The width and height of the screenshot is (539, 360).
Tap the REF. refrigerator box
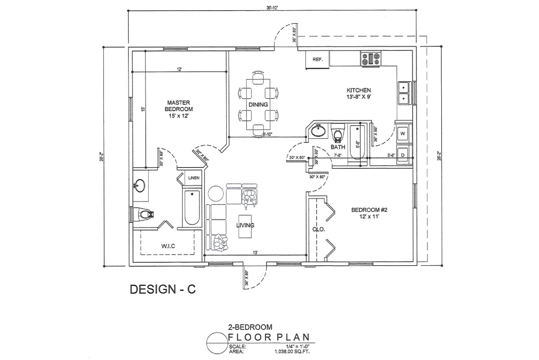tap(317, 60)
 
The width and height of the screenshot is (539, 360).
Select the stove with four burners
tap(371, 59)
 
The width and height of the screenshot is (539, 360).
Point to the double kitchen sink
tap(404, 92)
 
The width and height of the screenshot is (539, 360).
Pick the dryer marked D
tap(403, 155)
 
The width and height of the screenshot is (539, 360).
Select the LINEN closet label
tap(193, 178)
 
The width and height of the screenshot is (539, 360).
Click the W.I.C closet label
tap(168, 246)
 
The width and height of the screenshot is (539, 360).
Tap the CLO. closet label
tap(319, 229)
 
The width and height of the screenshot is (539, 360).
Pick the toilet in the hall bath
tap(338, 134)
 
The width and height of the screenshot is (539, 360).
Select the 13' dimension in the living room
tap(255, 253)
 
